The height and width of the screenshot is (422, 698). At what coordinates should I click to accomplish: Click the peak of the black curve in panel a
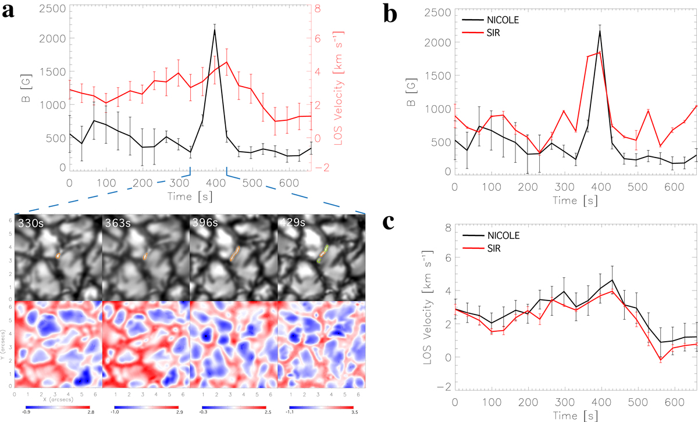click(215, 30)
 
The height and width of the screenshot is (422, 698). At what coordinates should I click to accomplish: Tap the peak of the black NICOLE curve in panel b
click(599, 31)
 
